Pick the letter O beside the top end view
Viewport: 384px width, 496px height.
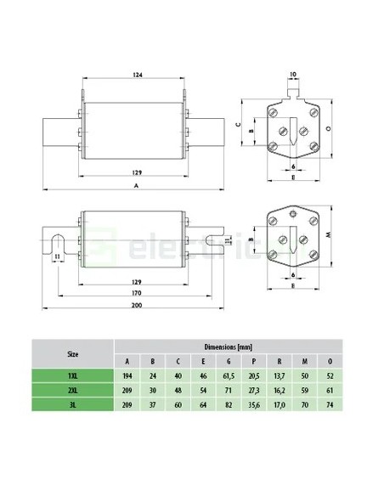point(329,129)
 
